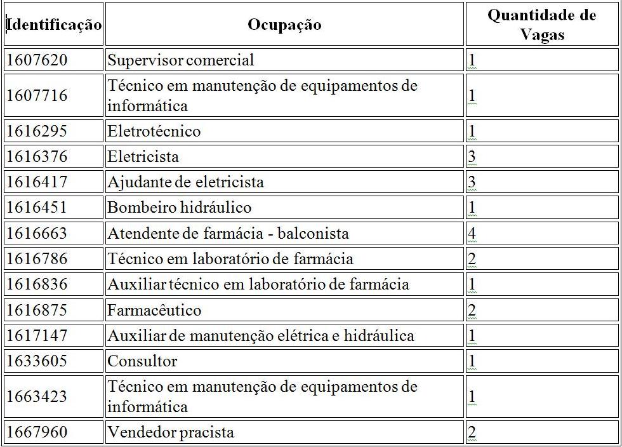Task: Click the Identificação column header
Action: click(x=54, y=25)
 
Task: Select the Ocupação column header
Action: click(x=284, y=25)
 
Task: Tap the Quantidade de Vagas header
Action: click(x=542, y=25)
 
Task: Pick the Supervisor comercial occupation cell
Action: click(x=181, y=60)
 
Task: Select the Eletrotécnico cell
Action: click(x=154, y=131)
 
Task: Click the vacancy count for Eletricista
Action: click(x=472, y=157)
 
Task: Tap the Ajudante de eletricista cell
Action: click(x=185, y=182)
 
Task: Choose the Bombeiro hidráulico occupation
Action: click(x=180, y=208)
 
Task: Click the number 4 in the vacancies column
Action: click(x=472, y=233)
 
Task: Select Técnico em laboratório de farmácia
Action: click(x=230, y=258)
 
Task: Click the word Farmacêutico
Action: click(x=154, y=310)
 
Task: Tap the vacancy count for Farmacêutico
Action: click(x=472, y=310)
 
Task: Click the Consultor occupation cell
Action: click(x=142, y=361)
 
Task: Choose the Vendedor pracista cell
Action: click(x=171, y=432)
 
